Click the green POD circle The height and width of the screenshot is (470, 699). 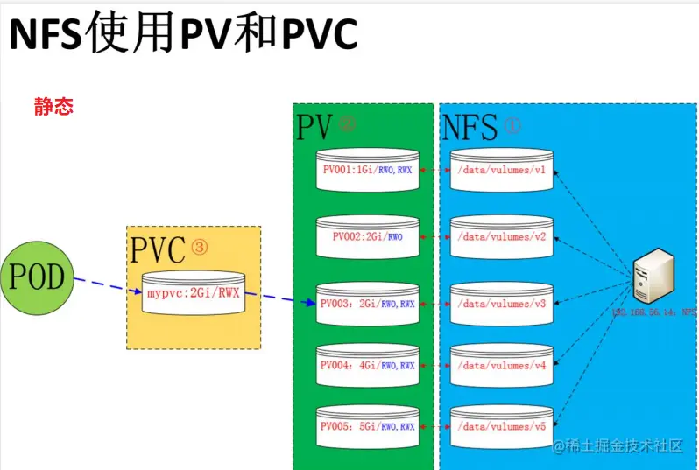click(36, 279)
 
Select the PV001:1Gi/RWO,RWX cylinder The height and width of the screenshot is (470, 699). click(368, 170)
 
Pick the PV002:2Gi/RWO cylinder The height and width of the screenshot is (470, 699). click(368, 236)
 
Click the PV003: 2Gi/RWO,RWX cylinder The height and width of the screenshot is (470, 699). click(368, 304)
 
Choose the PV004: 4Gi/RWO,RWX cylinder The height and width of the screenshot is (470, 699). click(368, 365)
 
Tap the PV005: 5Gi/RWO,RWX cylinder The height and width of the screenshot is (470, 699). click(368, 426)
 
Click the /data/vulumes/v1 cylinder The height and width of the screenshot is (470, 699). click(501, 170)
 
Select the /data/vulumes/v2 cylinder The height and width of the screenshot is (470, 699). click(501, 236)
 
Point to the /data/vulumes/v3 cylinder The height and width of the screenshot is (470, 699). click(501, 304)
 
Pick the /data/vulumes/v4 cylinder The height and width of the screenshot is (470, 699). click(501, 365)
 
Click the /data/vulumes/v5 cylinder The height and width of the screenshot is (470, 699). click(501, 426)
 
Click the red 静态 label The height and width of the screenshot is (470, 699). click(53, 107)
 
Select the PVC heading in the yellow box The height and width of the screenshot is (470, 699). click(159, 250)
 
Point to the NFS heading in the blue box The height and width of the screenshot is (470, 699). click(470, 128)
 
